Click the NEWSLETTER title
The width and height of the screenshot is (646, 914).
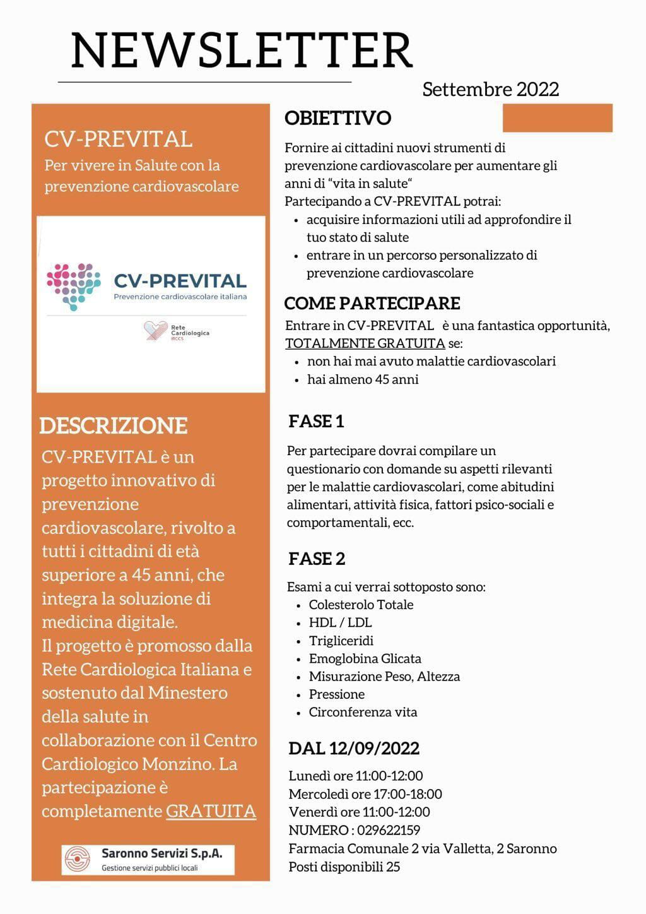[242, 51]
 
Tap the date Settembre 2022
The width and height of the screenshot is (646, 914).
[490, 90]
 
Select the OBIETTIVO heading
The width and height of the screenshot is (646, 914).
[338, 118]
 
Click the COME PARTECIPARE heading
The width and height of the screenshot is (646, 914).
[372, 303]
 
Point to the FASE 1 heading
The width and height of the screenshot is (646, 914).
[316, 421]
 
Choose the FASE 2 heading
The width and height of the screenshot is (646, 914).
[317, 559]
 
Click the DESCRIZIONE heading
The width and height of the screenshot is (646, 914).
[114, 425]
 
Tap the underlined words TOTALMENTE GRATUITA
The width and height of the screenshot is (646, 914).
[365, 343]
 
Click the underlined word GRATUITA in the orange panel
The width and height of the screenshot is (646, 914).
[211, 811]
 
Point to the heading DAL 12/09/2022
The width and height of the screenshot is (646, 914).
[354, 749]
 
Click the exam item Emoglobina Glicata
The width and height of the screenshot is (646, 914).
[365, 658]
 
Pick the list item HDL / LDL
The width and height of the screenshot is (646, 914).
[340, 622]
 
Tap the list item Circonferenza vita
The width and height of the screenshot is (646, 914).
[363, 712]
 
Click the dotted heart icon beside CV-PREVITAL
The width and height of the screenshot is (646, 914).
[74, 285]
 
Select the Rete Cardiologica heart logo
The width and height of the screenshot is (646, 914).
[155, 330]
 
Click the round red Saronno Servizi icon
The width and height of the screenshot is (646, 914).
[78, 859]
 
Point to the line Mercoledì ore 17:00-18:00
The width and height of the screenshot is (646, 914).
[365, 794]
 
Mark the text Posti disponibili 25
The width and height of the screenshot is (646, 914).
[344, 867]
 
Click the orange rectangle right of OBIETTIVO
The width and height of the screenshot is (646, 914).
[558, 118]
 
